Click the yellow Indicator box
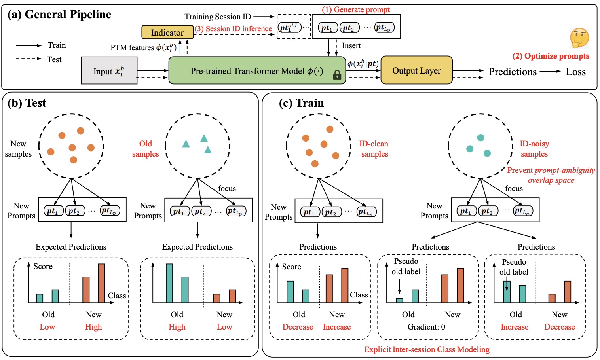(x=167, y=32)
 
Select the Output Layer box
(x=416, y=70)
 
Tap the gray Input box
(x=109, y=71)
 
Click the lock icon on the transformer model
(x=337, y=74)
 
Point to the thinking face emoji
(x=579, y=38)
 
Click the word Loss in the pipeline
(x=575, y=72)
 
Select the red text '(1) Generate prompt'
(x=355, y=10)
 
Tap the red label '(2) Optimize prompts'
(x=551, y=56)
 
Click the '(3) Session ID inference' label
(x=233, y=29)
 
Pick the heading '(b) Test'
(x=27, y=103)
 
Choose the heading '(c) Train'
(x=301, y=103)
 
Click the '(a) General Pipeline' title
(x=59, y=15)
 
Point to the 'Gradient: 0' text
(x=426, y=327)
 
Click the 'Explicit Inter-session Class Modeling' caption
(x=427, y=349)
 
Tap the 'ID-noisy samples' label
(x=534, y=149)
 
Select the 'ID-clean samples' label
(x=374, y=149)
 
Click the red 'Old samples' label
(x=145, y=149)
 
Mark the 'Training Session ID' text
(x=218, y=17)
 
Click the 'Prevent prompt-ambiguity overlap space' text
(x=551, y=175)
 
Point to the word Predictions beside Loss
(x=513, y=72)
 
